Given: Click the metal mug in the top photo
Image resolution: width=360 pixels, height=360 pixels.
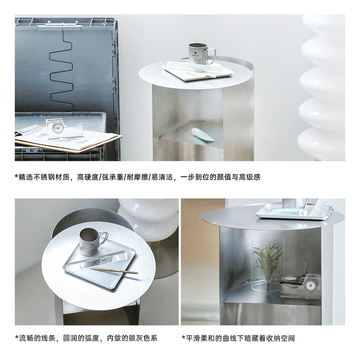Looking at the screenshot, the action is point(201,53).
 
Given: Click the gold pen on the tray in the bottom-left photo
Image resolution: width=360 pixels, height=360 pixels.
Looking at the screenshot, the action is point(114,271).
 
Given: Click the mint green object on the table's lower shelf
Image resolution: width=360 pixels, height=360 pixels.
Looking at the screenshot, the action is point(202,135).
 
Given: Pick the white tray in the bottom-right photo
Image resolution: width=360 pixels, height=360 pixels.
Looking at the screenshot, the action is point(294,212).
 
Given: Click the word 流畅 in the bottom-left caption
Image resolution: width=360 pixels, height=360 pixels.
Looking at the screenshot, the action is point(26,338).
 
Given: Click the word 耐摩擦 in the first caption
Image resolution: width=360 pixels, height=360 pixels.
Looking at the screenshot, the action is point(137,177).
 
